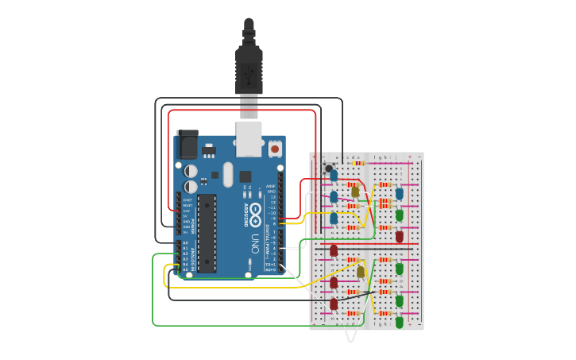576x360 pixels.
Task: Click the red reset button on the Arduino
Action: [275, 149]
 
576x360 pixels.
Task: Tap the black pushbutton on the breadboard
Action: [328, 168]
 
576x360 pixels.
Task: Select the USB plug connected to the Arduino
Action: [249, 75]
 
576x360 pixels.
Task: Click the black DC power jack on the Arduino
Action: [187, 145]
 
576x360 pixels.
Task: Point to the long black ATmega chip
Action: [207, 233]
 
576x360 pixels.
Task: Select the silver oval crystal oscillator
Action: [228, 174]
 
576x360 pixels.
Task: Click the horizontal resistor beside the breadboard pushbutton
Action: [358, 164]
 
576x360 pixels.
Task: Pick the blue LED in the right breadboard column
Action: [400, 193]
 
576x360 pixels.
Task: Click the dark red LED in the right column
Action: [400, 236]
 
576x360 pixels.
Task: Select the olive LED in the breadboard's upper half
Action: [355, 191]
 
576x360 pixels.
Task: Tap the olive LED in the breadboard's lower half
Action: [361, 272]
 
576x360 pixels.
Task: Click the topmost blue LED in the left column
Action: [334, 175]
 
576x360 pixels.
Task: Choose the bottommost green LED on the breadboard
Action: [400, 322]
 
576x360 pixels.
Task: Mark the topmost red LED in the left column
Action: [334, 250]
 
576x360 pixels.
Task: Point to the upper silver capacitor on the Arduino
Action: [191, 171]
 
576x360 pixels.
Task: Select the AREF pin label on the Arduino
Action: [271, 186]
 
